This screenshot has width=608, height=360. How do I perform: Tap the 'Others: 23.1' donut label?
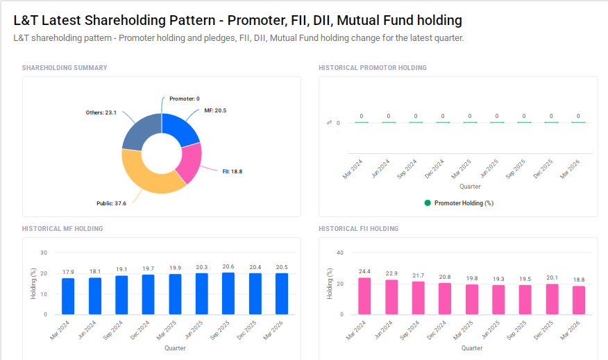coord(101,112)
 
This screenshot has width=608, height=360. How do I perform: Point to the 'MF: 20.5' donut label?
coord(215,110)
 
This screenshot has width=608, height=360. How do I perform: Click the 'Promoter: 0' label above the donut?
coord(184,98)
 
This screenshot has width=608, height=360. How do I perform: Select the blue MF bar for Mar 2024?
coord(68,296)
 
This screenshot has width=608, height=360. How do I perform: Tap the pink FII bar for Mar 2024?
coord(364,296)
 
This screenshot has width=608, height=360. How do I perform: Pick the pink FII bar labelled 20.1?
coord(552,299)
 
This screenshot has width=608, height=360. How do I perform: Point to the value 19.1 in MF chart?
coord(121,269)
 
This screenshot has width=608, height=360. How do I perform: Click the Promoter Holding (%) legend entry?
coord(458,203)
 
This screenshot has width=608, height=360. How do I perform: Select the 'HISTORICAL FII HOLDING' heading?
coord(358,228)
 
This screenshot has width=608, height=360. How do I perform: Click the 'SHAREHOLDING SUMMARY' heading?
coord(65,67)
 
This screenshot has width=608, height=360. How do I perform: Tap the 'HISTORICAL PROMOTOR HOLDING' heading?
coord(372,67)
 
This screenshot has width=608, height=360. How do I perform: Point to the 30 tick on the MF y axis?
coord(44,253)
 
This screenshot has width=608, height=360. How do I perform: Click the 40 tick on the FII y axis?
coord(340,253)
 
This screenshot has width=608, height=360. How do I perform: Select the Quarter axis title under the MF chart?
coord(175,348)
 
